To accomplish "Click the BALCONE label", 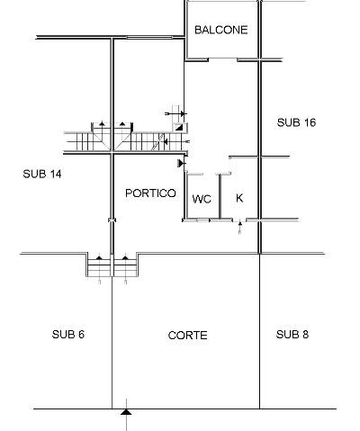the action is (221, 30).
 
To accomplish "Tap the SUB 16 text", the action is (296, 122).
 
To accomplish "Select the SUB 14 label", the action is (42, 174).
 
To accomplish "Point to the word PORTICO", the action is (150, 193).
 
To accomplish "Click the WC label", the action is (202, 199).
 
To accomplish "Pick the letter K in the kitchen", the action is (239, 198).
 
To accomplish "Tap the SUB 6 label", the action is (68, 335).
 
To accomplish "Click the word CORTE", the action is (188, 336).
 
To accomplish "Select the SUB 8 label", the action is (292, 335).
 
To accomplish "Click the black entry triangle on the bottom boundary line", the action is (126, 412).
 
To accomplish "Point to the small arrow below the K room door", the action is (239, 228).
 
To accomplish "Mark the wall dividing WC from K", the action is (220, 196).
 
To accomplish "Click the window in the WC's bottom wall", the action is (203, 220).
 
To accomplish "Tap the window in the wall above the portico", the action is (149, 38).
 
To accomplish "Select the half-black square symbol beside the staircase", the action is (179, 128).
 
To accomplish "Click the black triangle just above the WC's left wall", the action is (181, 163).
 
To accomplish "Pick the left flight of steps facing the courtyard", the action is (99, 265).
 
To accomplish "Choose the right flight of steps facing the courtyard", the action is (125, 265).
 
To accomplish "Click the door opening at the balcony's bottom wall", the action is (222, 59).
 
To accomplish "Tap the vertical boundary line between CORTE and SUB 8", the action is (259, 331).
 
